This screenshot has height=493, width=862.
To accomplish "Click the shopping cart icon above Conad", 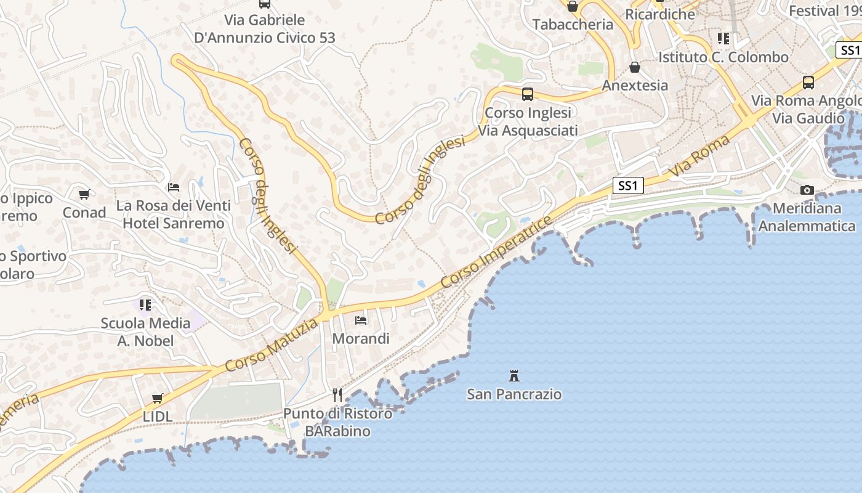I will point(84,195).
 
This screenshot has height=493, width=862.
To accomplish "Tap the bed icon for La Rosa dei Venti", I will point(174,187).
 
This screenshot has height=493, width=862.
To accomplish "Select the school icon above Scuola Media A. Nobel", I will point(145,304).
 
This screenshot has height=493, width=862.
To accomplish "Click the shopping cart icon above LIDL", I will point(158,398).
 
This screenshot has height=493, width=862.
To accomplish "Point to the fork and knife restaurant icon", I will point(337,394).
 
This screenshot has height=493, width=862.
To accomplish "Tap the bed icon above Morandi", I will point(361,320).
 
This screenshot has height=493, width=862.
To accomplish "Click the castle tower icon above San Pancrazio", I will point(514,375).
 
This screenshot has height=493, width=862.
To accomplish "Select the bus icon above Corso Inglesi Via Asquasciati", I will point(528,94).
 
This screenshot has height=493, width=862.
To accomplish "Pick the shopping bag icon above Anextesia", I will point(635,67).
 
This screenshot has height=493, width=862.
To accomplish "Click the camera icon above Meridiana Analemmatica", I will point(807,190).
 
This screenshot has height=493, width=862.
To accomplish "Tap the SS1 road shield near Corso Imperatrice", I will point(628,185).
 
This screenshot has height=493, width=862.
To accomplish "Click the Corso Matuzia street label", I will point(272,345).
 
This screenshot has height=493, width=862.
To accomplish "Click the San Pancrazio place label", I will point(514,394).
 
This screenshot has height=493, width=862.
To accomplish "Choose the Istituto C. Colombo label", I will point(723,57).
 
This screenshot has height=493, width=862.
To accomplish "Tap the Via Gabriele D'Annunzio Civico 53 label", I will point(265,29).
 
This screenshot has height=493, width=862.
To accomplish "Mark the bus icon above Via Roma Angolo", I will point(808,83).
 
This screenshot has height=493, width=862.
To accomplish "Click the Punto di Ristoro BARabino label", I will point(338,422).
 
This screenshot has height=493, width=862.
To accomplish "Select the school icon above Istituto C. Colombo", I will point(723,39).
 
